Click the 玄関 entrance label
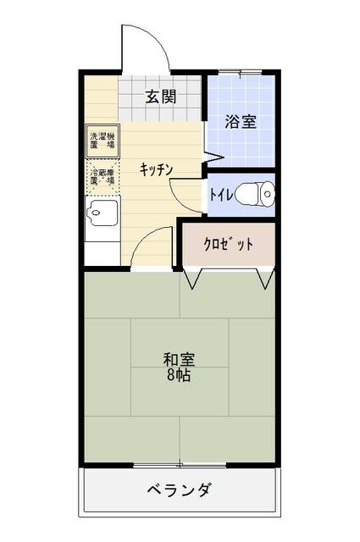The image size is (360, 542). [x=159, y=97]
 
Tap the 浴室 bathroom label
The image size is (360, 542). [x=240, y=122]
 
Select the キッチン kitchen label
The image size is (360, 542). [x=157, y=169]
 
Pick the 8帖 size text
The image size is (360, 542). [x=179, y=375]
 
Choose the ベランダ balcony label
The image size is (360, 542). [x=179, y=491]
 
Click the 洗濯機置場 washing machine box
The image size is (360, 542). [x=103, y=141]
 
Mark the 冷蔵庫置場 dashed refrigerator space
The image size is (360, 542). [x=103, y=177]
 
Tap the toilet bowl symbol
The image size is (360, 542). [x=254, y=195]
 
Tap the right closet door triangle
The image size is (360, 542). [x=267, y=278]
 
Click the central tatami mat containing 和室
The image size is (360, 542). [x=179, y=366]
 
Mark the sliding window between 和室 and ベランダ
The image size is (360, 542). [x=179, y=464]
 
